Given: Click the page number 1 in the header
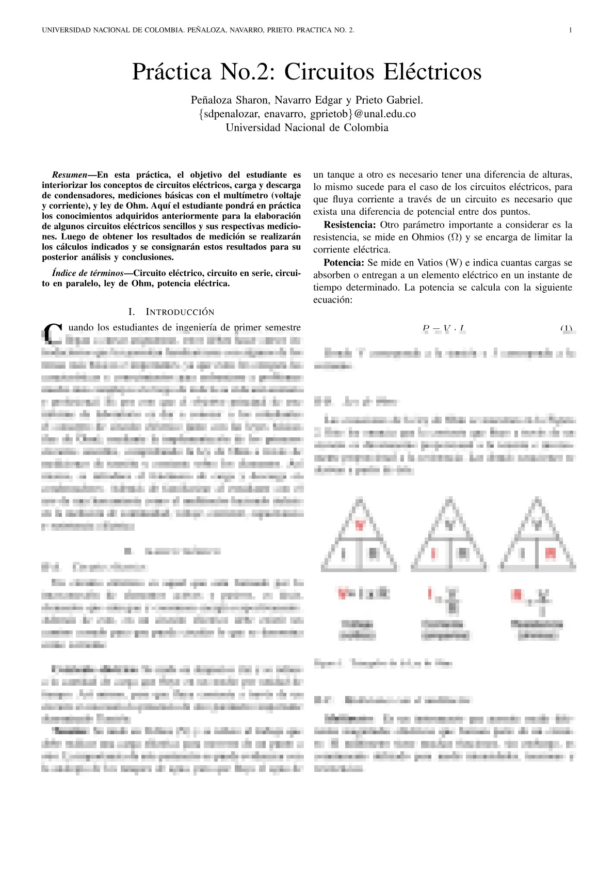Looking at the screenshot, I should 570,30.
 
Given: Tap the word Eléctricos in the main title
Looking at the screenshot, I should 434,71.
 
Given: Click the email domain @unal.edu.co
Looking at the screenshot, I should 385,114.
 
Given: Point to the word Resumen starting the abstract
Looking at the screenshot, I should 70,175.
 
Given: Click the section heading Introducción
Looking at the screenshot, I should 180,312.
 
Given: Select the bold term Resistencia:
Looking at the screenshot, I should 349,225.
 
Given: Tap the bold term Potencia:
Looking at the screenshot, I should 344,263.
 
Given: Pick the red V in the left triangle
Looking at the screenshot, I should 360,525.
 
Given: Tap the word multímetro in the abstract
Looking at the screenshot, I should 252,196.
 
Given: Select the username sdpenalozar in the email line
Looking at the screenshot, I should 232,114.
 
